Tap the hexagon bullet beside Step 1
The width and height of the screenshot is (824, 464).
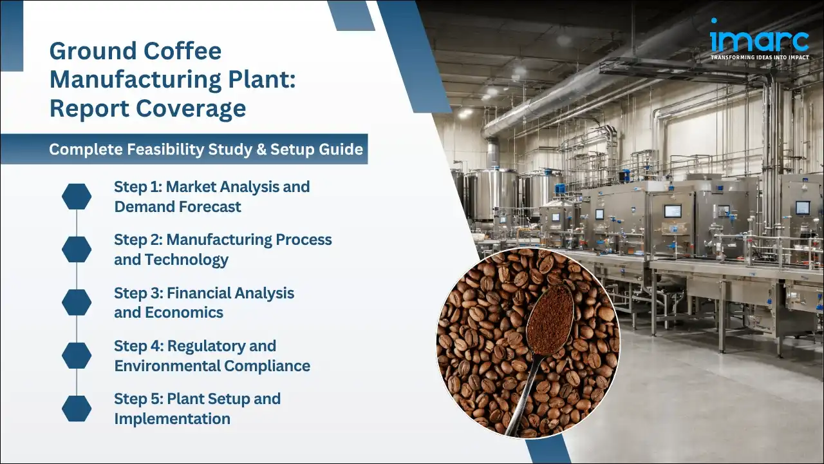77,197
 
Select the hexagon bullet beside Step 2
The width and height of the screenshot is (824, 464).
77,249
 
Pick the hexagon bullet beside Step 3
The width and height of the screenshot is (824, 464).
77,302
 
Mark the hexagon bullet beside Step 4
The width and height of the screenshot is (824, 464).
77,355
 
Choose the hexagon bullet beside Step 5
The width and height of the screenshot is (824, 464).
77,408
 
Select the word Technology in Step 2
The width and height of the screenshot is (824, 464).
187,260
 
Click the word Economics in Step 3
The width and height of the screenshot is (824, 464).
183,313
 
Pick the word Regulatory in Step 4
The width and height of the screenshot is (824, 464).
221,346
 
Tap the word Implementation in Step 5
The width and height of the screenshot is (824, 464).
172,419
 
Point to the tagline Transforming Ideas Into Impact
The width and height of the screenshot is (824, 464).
759,57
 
